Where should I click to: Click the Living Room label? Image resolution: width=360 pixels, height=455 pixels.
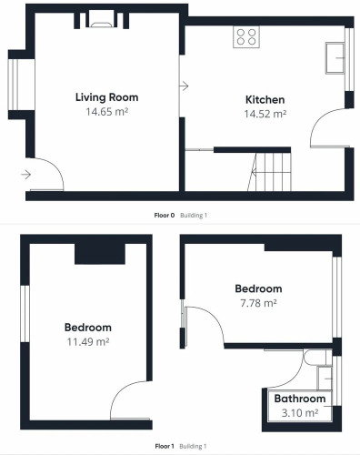point(106,97)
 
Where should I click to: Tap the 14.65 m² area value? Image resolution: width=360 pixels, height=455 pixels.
point(107,112)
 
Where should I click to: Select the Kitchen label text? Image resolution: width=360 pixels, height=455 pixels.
point(265,99)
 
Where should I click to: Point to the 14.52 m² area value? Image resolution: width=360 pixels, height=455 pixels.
point(265,114)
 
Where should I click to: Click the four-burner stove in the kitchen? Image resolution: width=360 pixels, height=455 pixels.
point(246,36)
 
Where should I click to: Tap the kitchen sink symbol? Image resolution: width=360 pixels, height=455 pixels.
point(335,58)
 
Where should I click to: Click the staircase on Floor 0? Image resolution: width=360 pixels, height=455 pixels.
point(269,172)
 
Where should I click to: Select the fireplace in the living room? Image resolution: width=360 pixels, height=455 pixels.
point(102,20)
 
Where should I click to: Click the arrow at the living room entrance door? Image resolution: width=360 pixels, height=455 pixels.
point(26,175)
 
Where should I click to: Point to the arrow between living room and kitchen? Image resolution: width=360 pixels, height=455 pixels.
point(184,86)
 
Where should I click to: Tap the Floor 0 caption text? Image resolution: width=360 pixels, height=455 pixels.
point(165,216)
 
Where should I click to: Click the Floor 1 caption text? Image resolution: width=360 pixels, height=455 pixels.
point(165,446)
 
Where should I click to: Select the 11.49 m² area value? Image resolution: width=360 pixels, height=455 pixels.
point(88,342)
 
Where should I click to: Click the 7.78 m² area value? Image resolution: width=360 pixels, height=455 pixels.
point(258,303)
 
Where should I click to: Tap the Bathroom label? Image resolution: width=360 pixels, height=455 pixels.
point(300,399)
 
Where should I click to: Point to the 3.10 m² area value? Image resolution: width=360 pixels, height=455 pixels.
point(300,413)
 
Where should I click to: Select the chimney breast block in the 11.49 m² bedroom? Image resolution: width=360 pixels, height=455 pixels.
point(100,254)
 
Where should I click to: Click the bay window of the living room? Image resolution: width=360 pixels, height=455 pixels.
point(14,84)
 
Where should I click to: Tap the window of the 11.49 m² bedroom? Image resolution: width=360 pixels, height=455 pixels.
point(25,314)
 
